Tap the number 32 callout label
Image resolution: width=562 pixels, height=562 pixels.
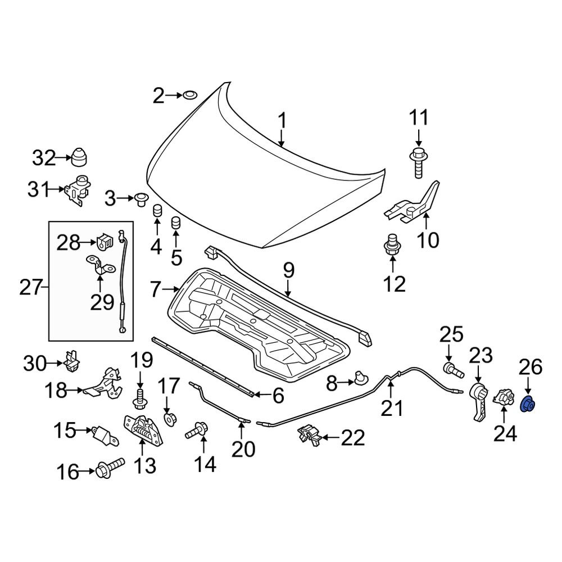tap(43, 158)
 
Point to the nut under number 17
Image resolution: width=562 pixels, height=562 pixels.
tap(167, 419)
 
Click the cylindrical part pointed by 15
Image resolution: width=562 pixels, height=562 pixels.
tap(105, 434)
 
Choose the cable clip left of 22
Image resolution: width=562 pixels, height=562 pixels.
tap(307, 436)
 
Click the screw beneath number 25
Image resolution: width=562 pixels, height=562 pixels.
tap(452, 370)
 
